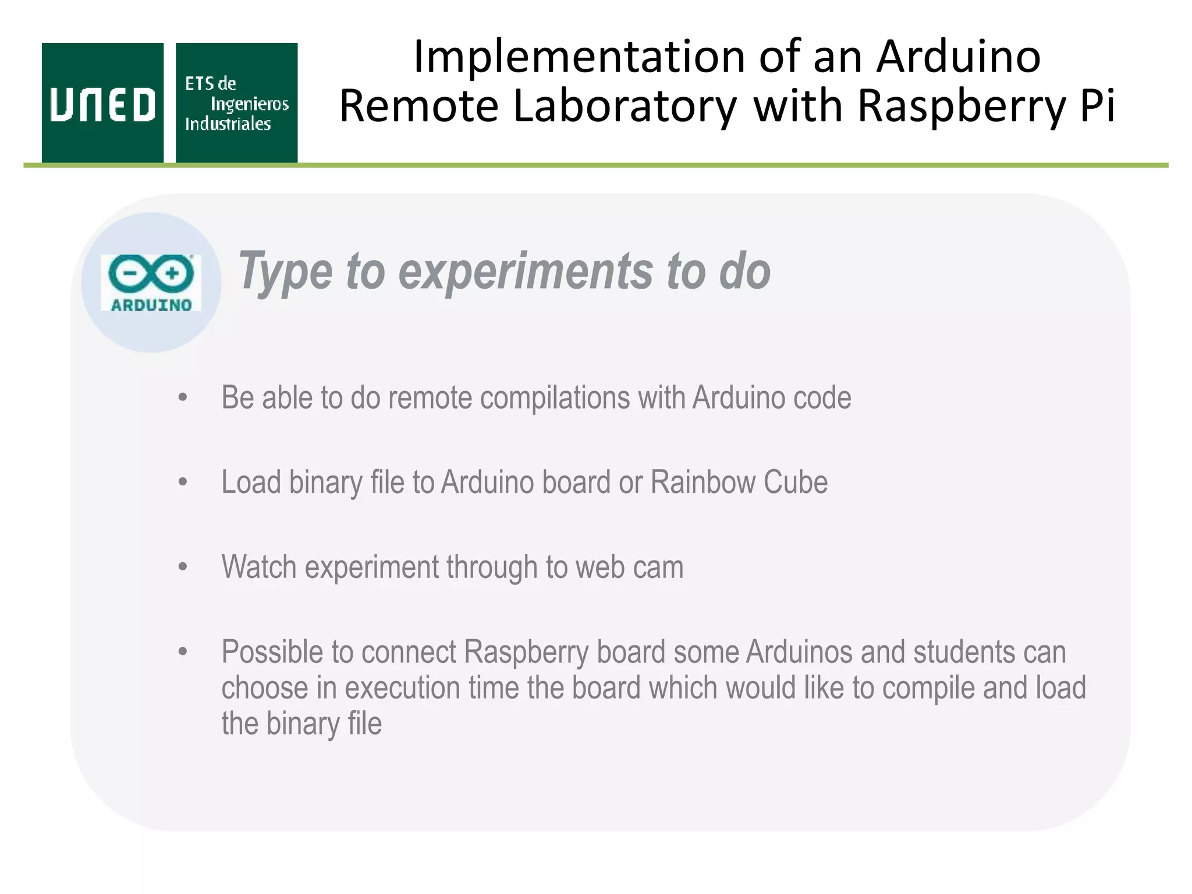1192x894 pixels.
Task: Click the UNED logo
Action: point(102,103)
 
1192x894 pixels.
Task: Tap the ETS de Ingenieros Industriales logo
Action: point(236,103)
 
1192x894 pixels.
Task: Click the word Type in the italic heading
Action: point(286,271)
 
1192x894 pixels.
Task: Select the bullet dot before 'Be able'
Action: point(183,398)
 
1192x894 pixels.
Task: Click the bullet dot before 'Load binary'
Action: point(183,483)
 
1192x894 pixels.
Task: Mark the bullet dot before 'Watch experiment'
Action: point(183,567)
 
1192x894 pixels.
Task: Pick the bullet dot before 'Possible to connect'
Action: point(183,652)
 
